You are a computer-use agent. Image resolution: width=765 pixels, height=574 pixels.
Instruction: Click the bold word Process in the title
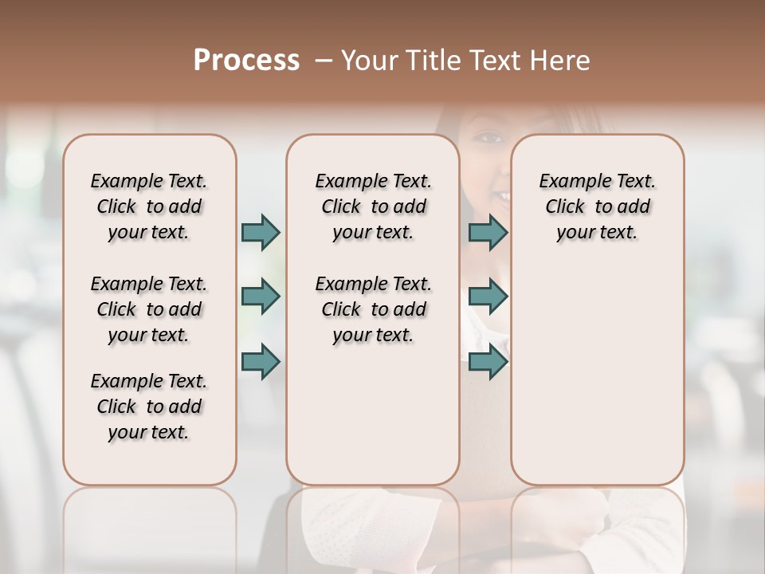(246, 61)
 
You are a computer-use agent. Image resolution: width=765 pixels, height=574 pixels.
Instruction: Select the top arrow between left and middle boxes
(261, 232)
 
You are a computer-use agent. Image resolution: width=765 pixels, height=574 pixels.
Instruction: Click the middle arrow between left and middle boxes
(261, 297)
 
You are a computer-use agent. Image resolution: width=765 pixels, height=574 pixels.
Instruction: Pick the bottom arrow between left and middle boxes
(261, 361)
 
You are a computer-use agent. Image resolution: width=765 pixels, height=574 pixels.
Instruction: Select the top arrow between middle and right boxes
(488, 232)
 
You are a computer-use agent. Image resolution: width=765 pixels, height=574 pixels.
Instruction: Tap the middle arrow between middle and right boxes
(488, 297)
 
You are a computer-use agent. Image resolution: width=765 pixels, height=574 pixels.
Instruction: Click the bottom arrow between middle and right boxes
(488, 361)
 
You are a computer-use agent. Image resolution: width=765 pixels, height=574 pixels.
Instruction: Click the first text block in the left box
(149, 206)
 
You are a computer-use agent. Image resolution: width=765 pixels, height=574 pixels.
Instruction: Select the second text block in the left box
(149, 309)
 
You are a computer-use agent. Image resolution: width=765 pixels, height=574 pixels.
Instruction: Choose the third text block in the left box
(149, 407)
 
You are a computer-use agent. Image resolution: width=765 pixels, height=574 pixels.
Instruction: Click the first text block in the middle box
(373, 206)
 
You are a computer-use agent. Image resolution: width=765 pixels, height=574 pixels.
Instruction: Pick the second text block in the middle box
(373, 309)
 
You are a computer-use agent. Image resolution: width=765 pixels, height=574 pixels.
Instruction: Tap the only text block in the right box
(597, 206)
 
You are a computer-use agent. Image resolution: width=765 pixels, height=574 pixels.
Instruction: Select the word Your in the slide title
(367, 61)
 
